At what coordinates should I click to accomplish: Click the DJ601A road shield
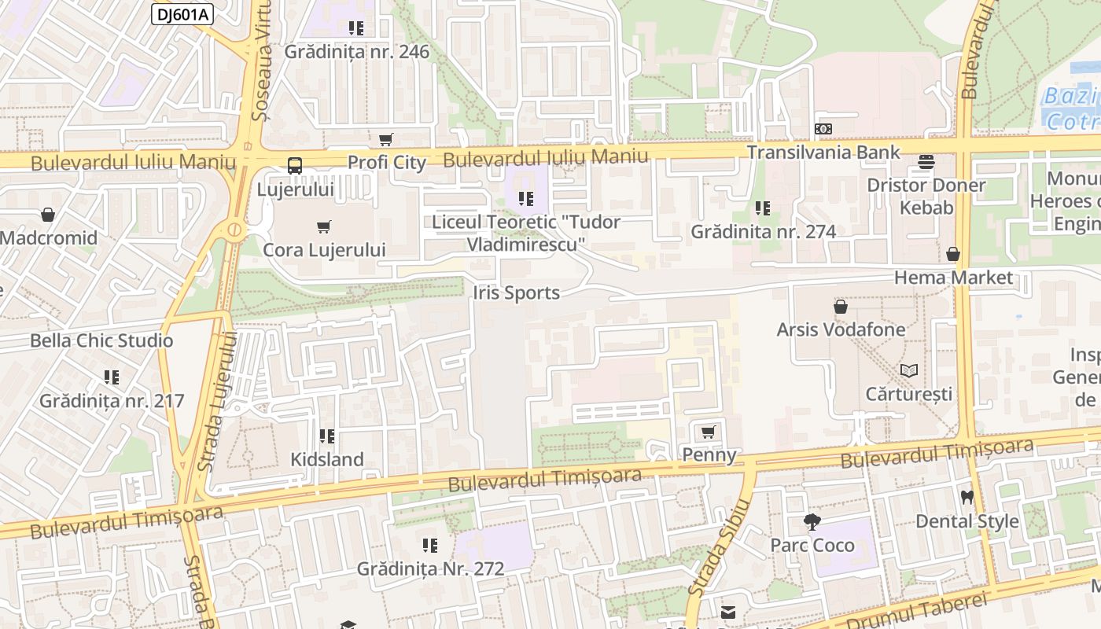182,14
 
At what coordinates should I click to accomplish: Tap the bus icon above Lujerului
295,166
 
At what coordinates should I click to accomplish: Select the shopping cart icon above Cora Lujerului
323,227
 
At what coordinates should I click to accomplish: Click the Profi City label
386,163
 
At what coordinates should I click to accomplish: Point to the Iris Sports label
516,293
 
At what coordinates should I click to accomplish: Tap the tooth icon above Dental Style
967,498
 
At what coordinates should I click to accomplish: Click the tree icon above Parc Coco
812,521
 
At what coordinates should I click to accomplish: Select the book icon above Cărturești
908,370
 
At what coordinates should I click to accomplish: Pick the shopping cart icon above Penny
708,432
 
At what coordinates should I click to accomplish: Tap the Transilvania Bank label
823,152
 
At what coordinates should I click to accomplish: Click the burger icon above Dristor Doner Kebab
926,162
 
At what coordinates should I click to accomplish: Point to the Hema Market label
953,278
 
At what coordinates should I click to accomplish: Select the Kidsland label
327,459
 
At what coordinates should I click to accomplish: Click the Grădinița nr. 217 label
112,401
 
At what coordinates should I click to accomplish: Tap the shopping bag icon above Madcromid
48,215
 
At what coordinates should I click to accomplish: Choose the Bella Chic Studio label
101,340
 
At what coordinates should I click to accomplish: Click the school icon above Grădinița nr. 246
356,28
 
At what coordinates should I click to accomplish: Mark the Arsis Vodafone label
841,329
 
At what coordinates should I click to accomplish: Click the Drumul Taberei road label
916,610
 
